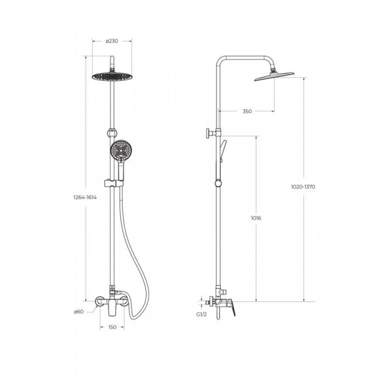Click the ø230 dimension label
point(112,41)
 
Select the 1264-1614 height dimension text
point(85,197)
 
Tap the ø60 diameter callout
point(79,312)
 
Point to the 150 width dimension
point(112,327)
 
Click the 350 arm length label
point(247,111)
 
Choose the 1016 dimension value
point(256,218)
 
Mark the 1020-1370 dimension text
point(303,187)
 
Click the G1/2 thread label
point(202,314)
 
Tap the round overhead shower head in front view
point(112,76)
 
